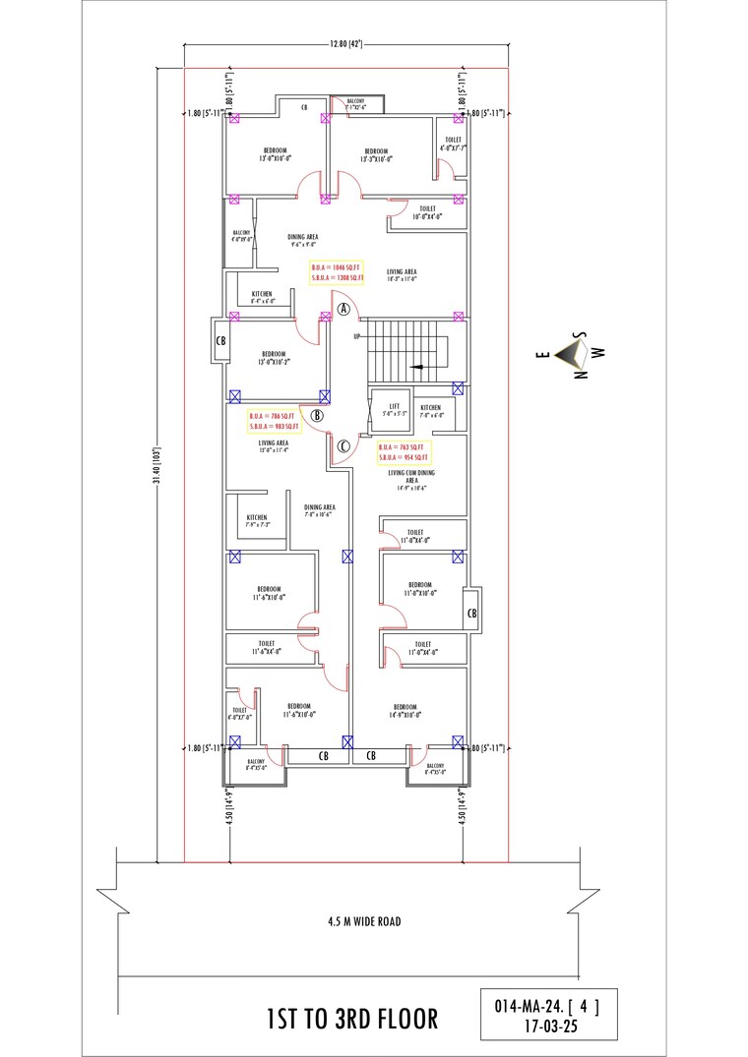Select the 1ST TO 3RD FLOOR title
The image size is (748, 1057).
point(352,1018)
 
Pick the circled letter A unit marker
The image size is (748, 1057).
point(343,308)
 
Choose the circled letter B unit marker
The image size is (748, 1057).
point(317,415)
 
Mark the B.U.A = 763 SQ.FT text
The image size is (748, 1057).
point(404,447)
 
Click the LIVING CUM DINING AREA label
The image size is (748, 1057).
point(410,477)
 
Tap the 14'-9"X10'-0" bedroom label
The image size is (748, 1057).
point(405,712)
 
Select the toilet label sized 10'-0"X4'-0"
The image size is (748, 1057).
point(427,212)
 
